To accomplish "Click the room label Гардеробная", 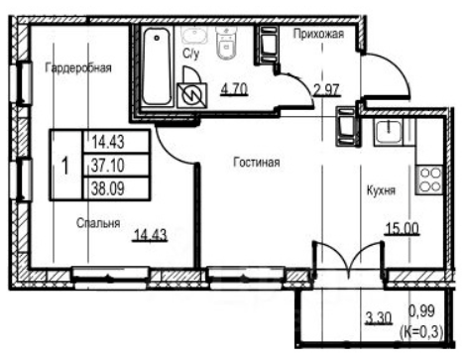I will coord(78,68).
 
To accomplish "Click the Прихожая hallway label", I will coord(318,35).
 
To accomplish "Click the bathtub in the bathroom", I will coord(156,67).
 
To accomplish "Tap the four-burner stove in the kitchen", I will coord(431,180).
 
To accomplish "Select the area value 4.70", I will coord(233,90).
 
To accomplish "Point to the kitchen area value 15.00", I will coord(403,230).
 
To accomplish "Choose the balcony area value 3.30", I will coord(378,318).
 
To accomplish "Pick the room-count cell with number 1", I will coord(64,164).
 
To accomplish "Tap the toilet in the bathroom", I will coord(225,43).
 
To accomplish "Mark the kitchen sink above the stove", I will coord(390,132).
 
